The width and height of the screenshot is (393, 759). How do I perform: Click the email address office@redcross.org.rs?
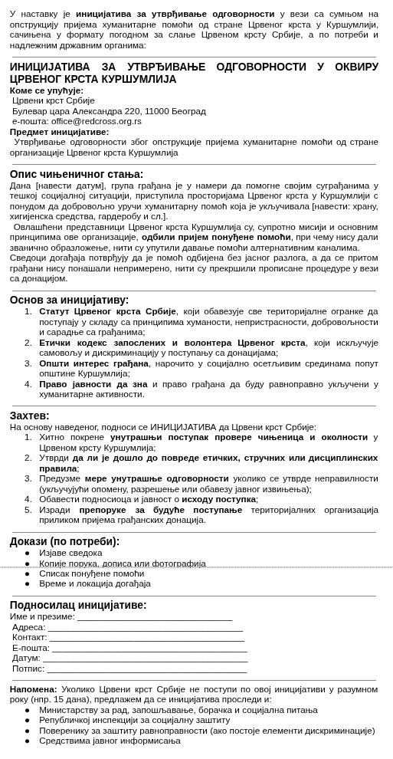click(97, 121)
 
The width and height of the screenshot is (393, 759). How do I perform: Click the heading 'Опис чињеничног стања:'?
click(77, 174)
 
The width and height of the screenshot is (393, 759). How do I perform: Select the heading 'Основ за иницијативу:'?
click(69, 300)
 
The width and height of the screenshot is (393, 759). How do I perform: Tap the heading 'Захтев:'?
click(29, 416)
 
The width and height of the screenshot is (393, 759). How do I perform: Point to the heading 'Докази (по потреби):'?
click(64, 541)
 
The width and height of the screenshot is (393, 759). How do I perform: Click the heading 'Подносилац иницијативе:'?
click(78, 605)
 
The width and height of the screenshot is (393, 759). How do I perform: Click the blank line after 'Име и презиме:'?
click(154, 617)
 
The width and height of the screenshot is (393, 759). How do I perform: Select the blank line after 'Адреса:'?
click(145, 627)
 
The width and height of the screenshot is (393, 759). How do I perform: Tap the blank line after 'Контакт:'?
click(146, 637)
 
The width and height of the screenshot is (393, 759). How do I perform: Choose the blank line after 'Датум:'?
click(145, 659)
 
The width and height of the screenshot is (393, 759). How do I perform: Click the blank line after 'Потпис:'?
click(146, 669)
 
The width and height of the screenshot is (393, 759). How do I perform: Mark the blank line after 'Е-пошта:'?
click(149, 648)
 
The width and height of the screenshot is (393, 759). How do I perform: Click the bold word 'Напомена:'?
click(34, 689)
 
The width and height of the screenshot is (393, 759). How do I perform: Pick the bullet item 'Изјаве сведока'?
click(70, 553)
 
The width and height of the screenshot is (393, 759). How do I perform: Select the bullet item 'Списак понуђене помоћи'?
click(91, 573)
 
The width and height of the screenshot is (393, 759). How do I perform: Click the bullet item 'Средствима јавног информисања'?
click(110, 741)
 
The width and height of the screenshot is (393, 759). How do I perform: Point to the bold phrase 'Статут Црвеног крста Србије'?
click(107, 311)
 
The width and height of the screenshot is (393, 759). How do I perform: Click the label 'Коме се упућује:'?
click(47, 90)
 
